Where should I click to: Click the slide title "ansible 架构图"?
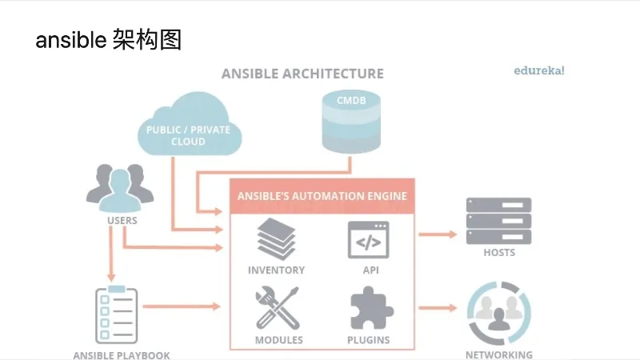108,40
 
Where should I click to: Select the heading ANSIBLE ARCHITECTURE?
302,74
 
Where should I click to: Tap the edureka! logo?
538,70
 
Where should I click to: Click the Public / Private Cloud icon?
188,124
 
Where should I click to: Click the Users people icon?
119,188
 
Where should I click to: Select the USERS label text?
122,220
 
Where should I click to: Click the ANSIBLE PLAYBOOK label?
122,355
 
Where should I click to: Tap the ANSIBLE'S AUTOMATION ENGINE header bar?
322,196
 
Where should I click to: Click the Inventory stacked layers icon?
277,239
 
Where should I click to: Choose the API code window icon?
368,239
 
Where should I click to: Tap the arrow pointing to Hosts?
438,234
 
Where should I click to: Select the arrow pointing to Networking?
438,307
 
